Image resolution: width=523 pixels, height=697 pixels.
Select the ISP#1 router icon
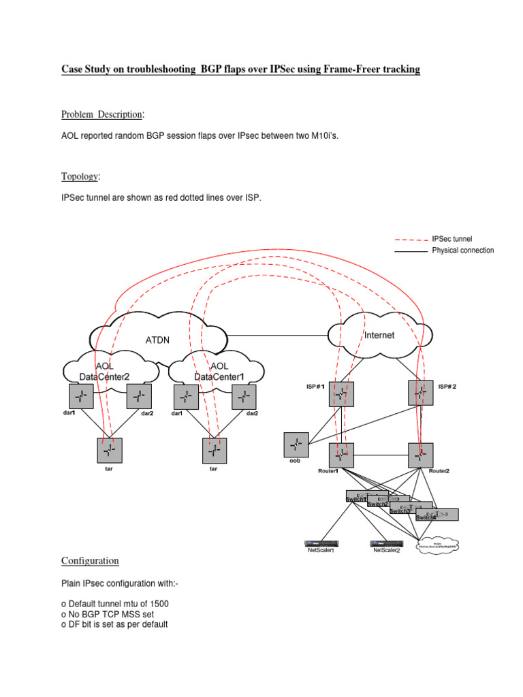[x=341, y=394]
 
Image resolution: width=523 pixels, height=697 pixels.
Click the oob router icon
[x=296, y=445]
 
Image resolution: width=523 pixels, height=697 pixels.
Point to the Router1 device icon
[x=341, y=455]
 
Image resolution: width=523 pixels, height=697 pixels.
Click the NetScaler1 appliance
[x=323, y=543]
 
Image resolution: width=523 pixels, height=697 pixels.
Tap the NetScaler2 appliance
[x=388, y=543]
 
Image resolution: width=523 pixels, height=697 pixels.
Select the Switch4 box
[x=437, y=515]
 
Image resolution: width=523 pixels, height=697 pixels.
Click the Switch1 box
[x=366, y=496]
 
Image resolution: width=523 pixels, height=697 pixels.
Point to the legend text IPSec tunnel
[x=452, y=239]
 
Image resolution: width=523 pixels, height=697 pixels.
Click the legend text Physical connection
[x=463, y=250]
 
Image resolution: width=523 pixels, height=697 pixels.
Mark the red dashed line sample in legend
[x=411, y=240]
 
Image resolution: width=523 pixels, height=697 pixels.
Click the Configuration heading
[x=90, y=561]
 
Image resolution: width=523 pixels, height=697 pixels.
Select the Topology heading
[x=80, y=177]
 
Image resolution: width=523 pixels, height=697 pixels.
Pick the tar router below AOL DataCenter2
[x=110, y=450]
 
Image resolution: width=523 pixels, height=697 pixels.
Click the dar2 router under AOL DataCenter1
[x=244, y=397]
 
